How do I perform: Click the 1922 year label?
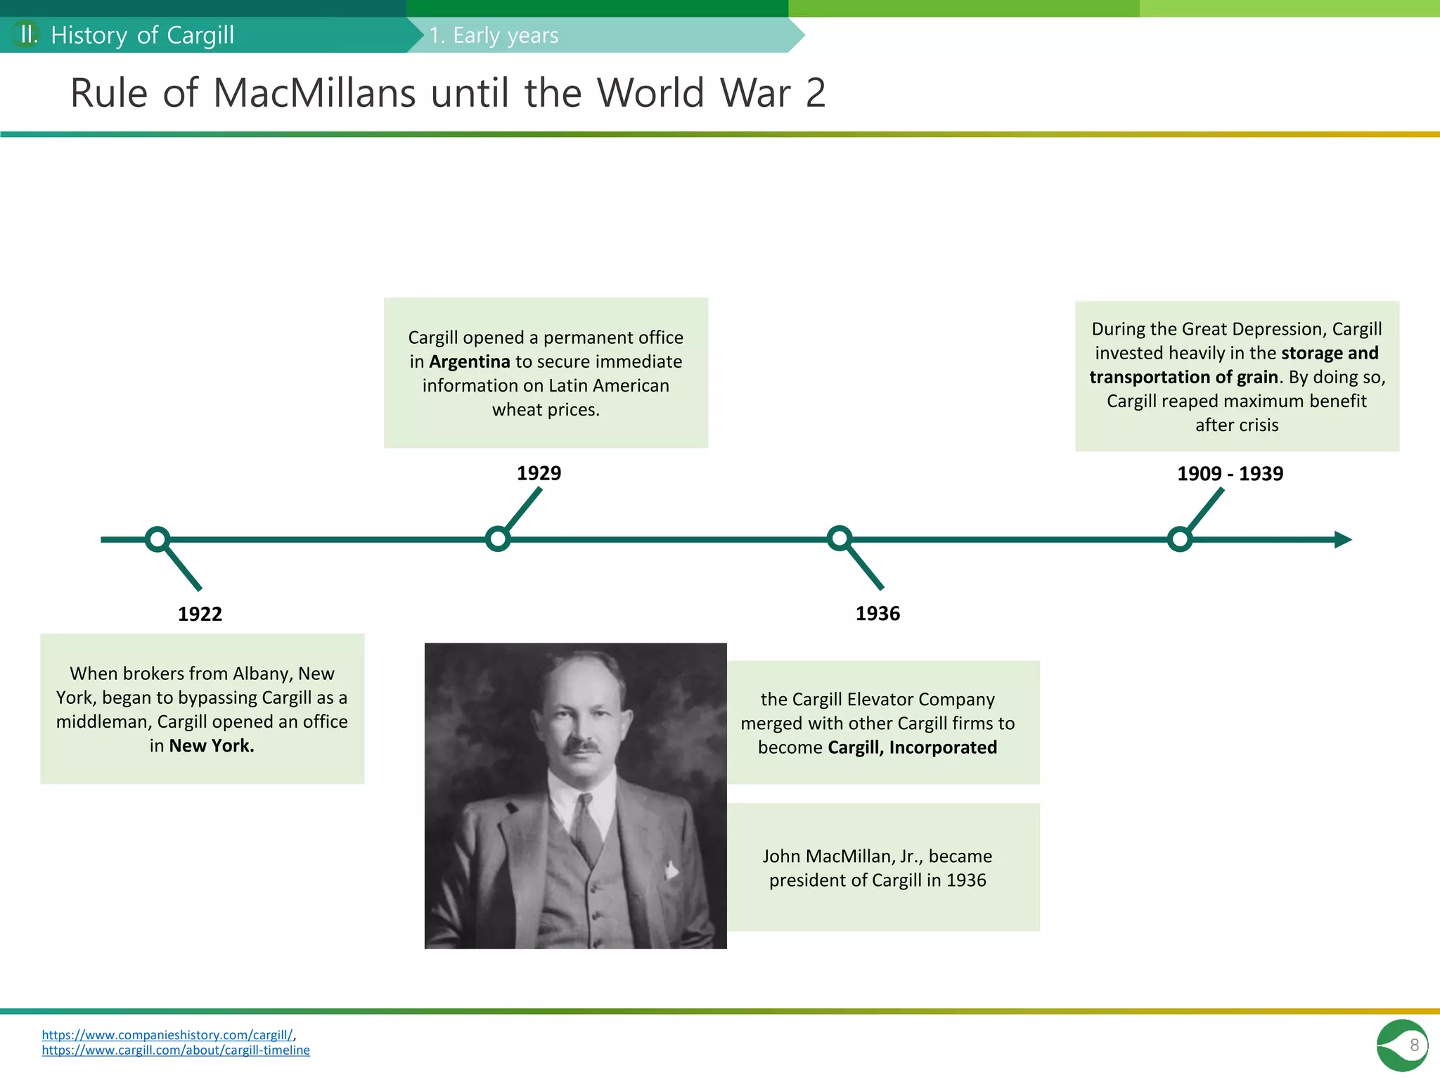tap(200, 614)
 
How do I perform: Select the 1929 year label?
tap(539, 473)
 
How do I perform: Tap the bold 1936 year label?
tap(877, 614)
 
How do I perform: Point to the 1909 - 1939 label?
tap(1230, 474)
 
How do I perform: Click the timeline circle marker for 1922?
tap(157, 539)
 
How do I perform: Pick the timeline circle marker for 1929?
tap(498, 539)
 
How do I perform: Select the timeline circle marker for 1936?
tap(840, 539)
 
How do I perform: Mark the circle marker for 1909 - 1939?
tap(1179, 539)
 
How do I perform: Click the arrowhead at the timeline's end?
tap(1342, 539)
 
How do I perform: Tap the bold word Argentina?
tap(469, 361)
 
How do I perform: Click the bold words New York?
tap(212, 746)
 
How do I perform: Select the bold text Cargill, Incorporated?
tap(912, 747)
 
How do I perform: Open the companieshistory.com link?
tap(167, 1035)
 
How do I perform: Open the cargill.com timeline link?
tap(176, 1050)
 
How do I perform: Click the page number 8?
tap(1414, 1045)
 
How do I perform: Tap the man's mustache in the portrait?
tap(583, 746)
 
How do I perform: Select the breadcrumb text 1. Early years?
tap(494, 35)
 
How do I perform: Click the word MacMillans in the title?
tap(314, 93)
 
